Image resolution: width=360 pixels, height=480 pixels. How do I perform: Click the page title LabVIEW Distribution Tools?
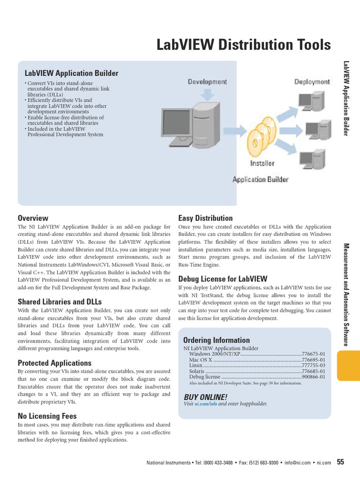point(243,45)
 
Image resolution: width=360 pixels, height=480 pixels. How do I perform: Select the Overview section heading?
point(33,218)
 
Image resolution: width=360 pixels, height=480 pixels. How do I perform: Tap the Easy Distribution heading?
point(205,218)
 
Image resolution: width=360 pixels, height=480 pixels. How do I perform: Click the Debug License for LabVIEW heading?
point(223,278)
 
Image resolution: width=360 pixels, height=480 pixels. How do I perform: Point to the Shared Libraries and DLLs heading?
point(60,301)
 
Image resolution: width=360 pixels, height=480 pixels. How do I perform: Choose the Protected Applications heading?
point(54,363)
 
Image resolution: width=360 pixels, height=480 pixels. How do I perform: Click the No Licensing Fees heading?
point(47,416)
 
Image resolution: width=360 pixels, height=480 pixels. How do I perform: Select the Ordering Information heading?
point(217,340)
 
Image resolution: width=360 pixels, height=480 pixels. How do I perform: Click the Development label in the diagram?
point(207,82)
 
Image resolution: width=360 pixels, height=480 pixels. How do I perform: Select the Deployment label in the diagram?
point(312,82)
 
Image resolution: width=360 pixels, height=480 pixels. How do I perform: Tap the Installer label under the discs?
point(262,164)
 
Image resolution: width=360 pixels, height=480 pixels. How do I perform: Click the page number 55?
point(340,462)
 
